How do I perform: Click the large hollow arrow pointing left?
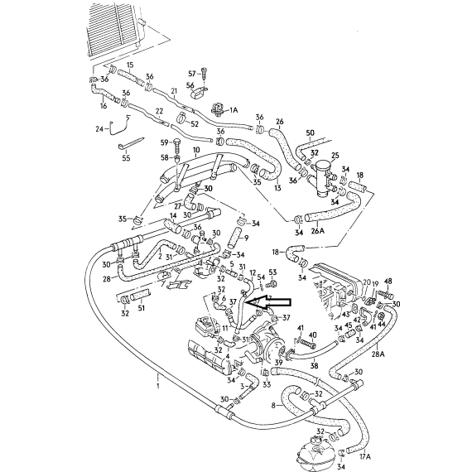tap(269, 303)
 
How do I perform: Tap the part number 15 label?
tap(130, 65)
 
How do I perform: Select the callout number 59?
tap(164, 142)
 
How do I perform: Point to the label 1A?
tap(234, 110)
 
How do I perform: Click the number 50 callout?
tap(310, 132)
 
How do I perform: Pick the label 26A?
tap(318, 231)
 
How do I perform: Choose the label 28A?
tap(378, 354)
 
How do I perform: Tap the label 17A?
tap(365, 456)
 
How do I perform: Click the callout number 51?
tap(141, 308)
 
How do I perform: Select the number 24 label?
tap(99, 129)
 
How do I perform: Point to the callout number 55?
tap(126, 157)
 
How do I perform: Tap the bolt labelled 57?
tap(205, 73)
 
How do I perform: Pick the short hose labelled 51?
tap(141, 296)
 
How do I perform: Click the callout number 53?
tap(272, 272)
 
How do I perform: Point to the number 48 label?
tap(388, 282)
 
